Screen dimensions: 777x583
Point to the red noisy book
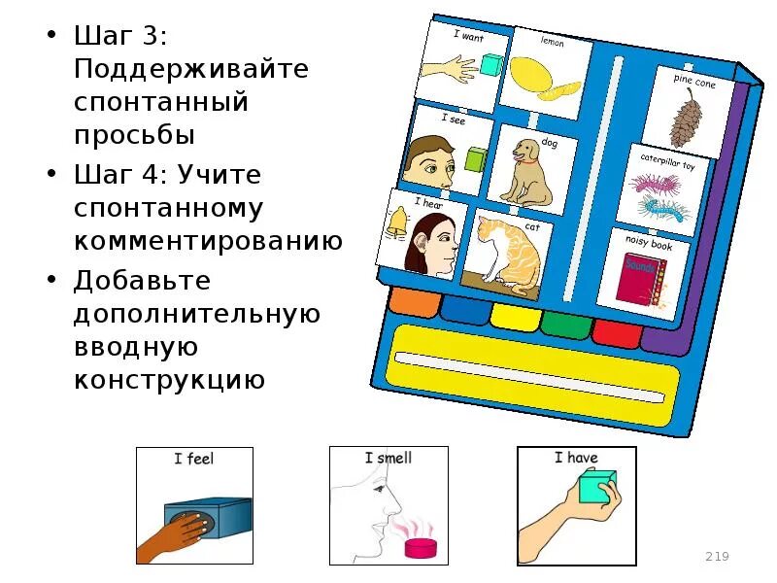point(636,277)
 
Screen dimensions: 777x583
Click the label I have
point(576,458)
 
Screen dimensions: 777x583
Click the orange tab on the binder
point(412,301)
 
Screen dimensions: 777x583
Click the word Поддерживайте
point(191,69)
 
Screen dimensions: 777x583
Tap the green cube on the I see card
point(475,159)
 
